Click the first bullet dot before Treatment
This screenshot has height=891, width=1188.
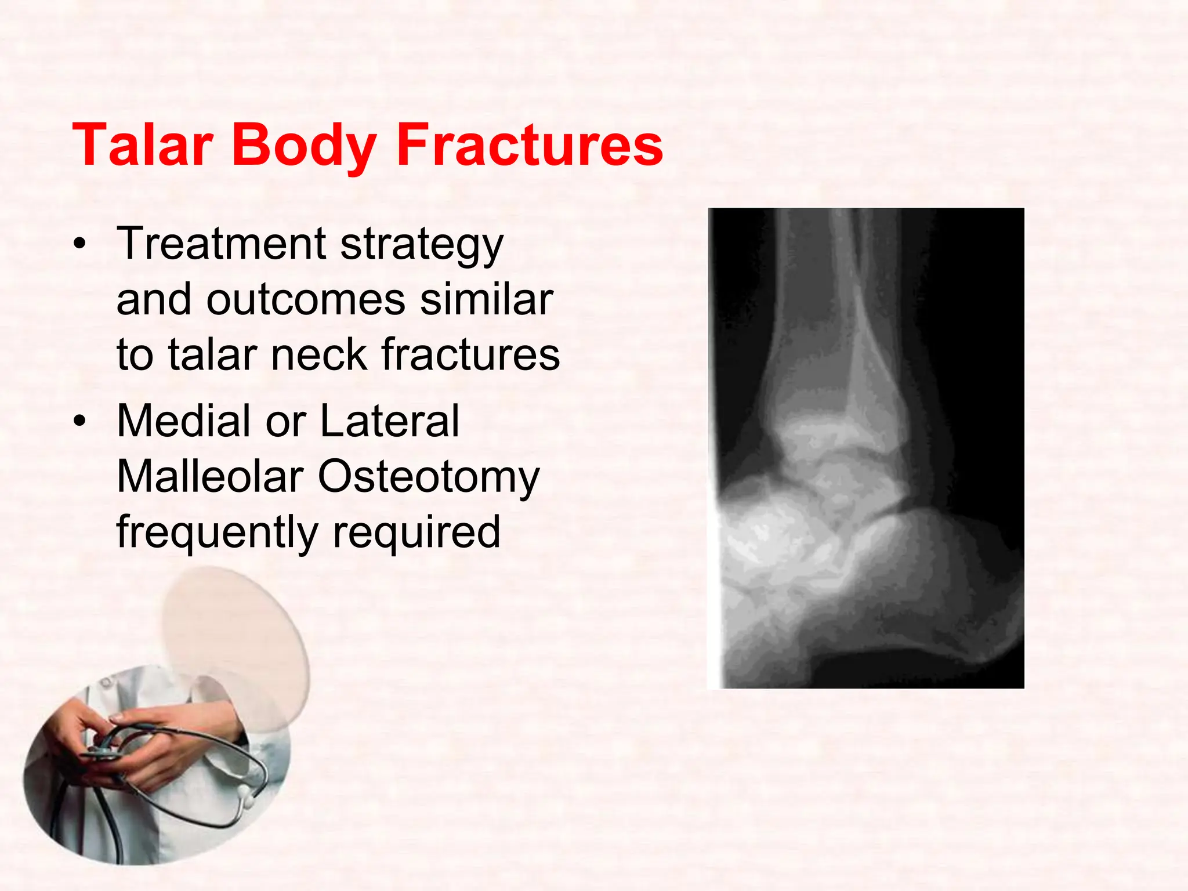coord(79,244)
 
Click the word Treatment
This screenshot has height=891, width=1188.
coord(222,244)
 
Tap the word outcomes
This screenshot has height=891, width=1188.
coord(306,300)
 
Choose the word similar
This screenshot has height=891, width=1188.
coord(486,300)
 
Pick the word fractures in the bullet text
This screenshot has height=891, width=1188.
coord(470,354)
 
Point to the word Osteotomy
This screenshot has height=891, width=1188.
coord(428,477)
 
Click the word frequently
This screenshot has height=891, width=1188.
coord(216,533)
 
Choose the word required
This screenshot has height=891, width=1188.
coord(416,533)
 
